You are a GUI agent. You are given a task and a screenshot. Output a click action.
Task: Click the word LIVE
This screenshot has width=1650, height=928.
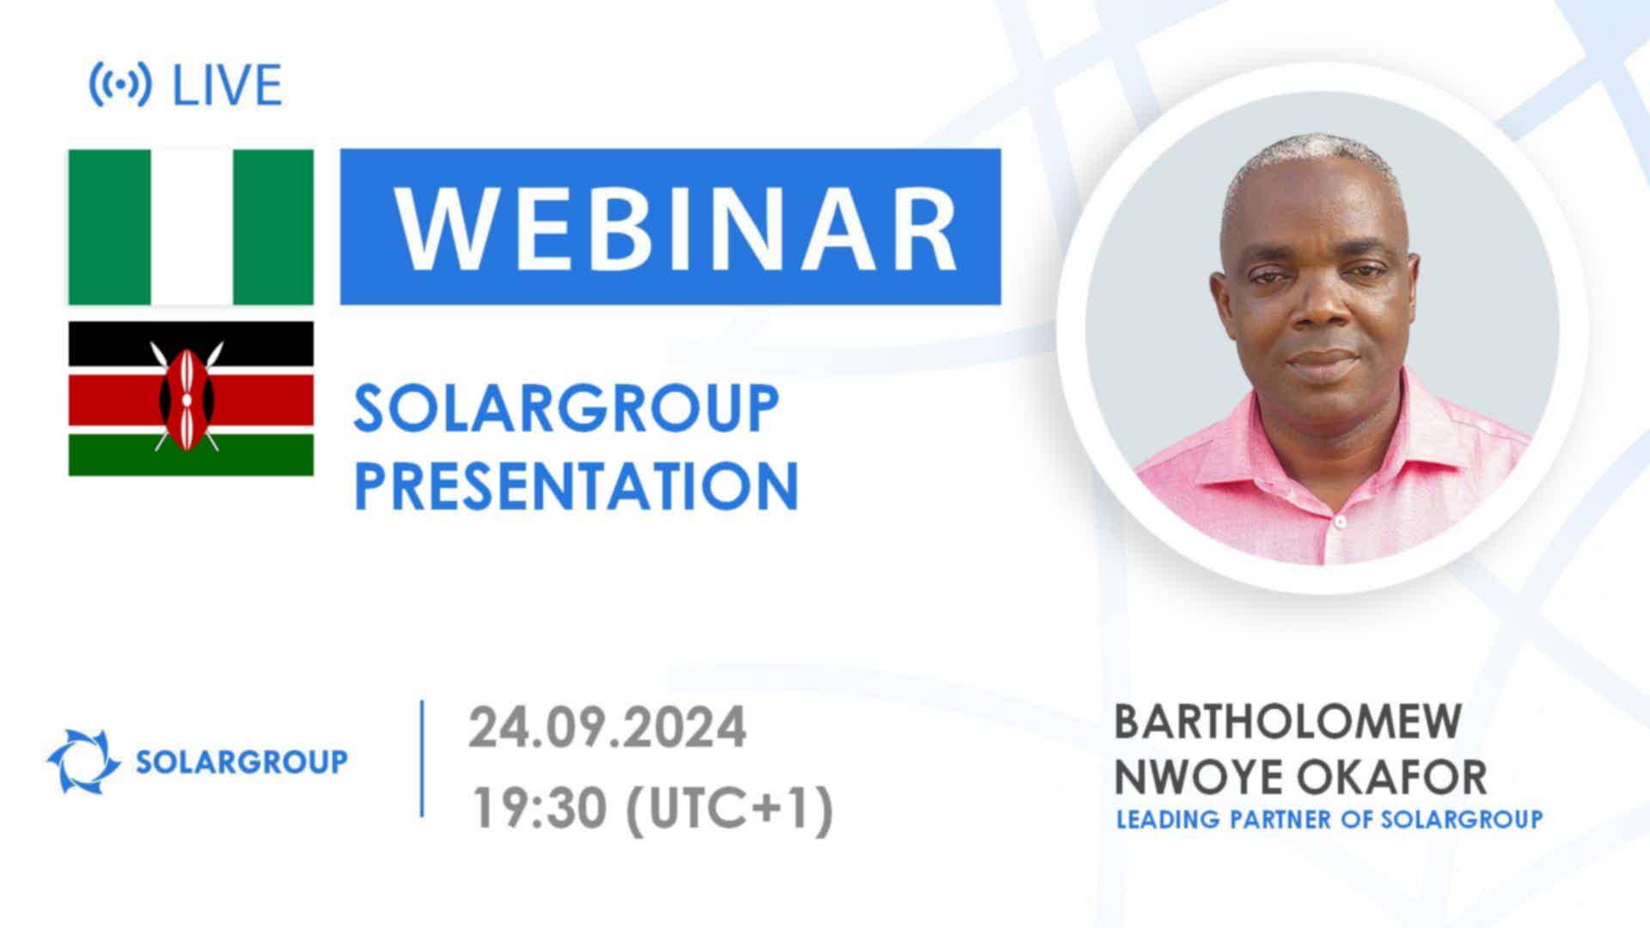pos(228,85)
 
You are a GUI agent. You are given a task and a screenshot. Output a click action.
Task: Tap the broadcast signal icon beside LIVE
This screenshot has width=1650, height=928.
pos(120,84)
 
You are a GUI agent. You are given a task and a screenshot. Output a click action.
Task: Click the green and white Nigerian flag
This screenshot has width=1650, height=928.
pos(191,227)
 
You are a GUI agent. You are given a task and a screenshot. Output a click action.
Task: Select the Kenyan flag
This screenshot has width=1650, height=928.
pos(191,399)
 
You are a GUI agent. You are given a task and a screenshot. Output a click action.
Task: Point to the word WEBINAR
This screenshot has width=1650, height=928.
pos(676,228)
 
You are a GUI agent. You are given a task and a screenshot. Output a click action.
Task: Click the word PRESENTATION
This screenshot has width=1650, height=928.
pos(576,485)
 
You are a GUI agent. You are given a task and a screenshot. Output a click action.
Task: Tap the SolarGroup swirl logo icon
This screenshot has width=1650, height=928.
pos(83,760)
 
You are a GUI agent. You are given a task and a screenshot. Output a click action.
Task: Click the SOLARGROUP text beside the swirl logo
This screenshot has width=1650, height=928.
pos(242,761)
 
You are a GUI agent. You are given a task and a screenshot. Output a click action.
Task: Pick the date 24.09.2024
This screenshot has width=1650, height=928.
pos(607,728)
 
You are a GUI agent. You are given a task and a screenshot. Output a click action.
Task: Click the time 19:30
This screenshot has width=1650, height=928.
pos(541,809)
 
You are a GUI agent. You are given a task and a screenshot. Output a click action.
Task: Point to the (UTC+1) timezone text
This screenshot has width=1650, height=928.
pos(730,809)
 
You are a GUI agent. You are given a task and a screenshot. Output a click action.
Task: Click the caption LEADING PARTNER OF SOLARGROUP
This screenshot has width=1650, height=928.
pos(1329,820)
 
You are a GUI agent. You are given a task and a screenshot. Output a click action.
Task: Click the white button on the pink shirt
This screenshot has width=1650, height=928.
pos(1339,522)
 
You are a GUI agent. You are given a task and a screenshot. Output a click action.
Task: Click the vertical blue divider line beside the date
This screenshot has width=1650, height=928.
pos(422,758)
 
